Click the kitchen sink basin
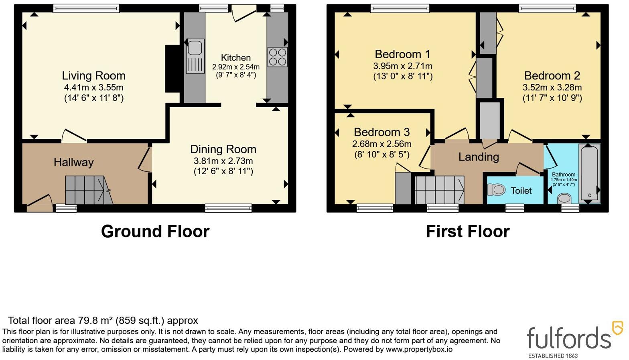(195, 47)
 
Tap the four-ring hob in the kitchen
(278, 57)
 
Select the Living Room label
(94, 75)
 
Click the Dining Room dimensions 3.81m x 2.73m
(223, 161)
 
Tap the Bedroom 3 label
(381, 132)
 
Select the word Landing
(479, 157)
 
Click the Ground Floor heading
(155, 231)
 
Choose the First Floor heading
(468, 231)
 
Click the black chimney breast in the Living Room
(172, 69)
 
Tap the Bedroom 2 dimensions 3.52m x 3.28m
(552, 87)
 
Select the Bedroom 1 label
(402, 54)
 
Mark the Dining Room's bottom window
(228, 208)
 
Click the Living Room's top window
(87, 8)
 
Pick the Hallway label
(73, 163)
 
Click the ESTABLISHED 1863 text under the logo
(553, 356)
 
